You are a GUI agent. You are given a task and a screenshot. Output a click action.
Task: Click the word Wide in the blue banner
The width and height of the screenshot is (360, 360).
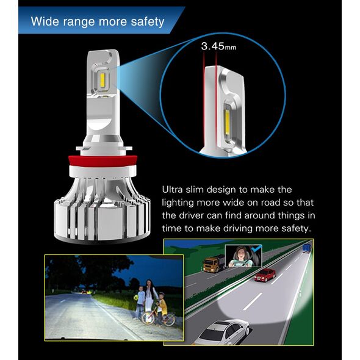[45, 21]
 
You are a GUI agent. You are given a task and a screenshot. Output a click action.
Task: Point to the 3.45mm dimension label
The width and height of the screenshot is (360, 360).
[218, 46]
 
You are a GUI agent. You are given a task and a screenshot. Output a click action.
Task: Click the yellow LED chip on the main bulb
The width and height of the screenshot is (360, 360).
[103, 79]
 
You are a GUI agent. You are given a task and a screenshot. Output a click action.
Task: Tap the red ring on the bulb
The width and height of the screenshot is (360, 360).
[103, 162]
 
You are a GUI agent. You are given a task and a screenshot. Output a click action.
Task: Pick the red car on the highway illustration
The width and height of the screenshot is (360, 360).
[265, 275]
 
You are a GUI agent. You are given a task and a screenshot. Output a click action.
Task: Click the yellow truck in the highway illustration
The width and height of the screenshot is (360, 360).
[214, 263]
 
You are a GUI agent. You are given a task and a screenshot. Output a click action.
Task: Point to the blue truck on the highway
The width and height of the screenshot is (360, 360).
[306, 248]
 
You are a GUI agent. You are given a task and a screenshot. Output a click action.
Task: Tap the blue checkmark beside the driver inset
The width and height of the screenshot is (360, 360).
[256, 248]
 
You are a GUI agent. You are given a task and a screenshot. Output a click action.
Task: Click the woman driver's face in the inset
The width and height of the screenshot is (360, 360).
[240, 253]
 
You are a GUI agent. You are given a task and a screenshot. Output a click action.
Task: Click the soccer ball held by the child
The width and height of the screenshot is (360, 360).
[136, 298]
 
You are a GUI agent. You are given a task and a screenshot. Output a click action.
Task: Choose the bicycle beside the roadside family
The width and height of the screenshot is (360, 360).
[159, 317]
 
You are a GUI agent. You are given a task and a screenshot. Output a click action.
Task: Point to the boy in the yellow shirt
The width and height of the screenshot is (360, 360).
[162, 306]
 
